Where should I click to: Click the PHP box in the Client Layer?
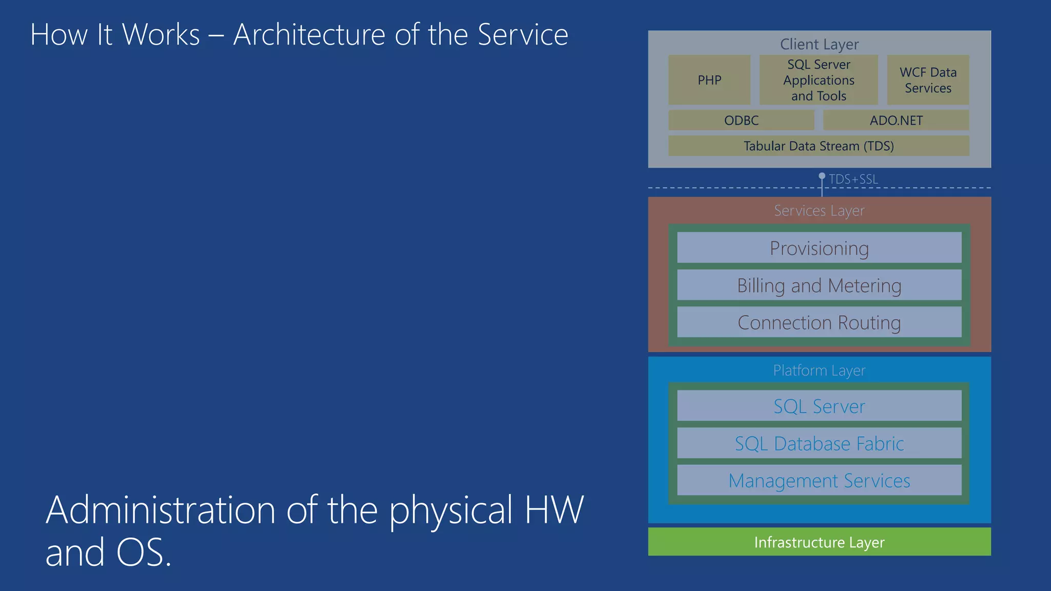click(709, 80)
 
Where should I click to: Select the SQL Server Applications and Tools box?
click(819, 80)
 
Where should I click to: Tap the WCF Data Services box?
click(928, 80)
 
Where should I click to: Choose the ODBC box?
click(741, 121)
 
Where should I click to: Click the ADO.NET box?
click(896, 121)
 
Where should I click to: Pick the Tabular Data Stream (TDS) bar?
click(819, 146)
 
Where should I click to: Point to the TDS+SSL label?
click(853, 180)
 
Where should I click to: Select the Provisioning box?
click(819, 248)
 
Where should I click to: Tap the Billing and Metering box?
click(819, 286)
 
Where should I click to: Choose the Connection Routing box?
click(819, 323)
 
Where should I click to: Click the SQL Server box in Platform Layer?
click(819, 406)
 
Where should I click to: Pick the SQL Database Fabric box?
click(819, 444)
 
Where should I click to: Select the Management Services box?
click(819, 481)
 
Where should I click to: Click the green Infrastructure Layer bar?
click(819, 542)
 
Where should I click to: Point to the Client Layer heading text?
click(819, 45)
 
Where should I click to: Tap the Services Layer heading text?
click(819, 211)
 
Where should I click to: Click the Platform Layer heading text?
click(819, 370)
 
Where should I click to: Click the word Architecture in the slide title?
click(309, 35)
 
